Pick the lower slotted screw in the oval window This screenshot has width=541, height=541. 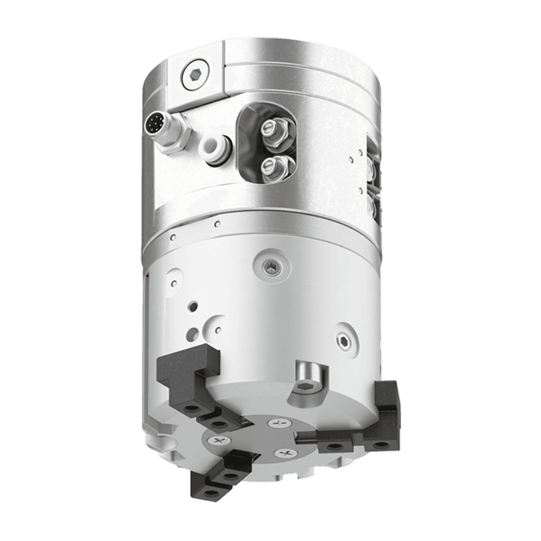(270, 167)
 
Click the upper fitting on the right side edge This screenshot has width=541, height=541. (372, 167)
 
